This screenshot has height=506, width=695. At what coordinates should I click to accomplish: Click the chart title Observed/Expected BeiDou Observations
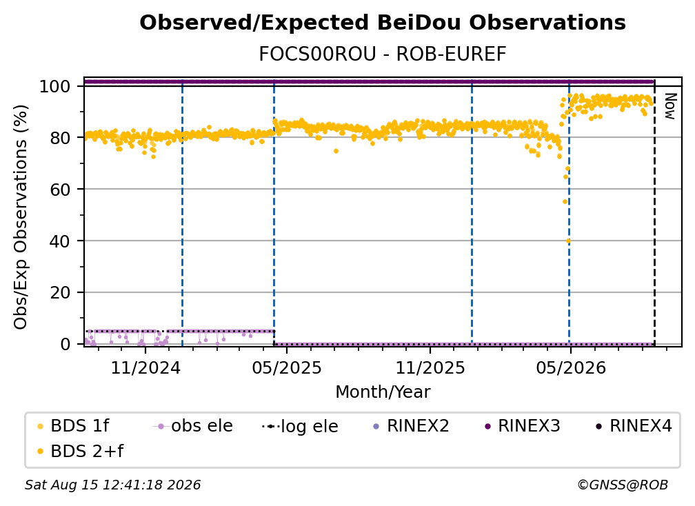pyautogui.click(x=383, y=23)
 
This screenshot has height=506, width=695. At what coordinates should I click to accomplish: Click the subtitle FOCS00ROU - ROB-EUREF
pyautogui.click(x=383, y=54)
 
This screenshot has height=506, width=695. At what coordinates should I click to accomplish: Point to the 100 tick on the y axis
pyautogui.click(x=55, y=86)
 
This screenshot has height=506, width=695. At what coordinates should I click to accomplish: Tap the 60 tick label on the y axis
pyautogui.click(x=60, y=189)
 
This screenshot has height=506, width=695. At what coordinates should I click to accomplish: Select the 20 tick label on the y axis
pyautogui.click(x=60, y=292)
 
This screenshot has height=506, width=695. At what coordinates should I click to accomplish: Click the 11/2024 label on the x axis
pyautogui.click(x=145, y=367)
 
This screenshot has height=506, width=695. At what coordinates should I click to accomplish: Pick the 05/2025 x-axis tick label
pyautogui.click(x=287, y=367)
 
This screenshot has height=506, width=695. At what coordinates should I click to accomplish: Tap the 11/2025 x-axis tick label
pyautogui.click(x=430, y=367)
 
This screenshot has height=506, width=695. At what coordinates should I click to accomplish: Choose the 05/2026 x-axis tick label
pyautogui.click(x=571, y=367)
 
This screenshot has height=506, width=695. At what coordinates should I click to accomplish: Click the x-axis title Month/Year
pyautogui.click(x=383, y=392)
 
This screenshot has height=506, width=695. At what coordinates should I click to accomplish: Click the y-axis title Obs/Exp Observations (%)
pyautogui.click(x=21, y=217)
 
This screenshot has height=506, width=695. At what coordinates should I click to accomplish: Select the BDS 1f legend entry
pyautogui.click(x=74, y=426)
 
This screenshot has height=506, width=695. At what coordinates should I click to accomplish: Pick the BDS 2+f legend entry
pyautogui.click(x=81, y=452)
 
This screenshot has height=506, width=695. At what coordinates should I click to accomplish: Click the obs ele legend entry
pyautogui.click(x=193, y=426)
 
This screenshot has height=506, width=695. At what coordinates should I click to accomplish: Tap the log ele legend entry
pyautogui.click(x=300, y=426)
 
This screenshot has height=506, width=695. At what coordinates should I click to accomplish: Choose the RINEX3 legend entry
pyautogui.click(x=523, y=426)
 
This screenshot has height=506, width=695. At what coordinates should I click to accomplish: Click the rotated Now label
pyautogui.click(x=669, y=106)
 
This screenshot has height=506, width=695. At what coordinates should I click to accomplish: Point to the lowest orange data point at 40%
pyautogui.click(x=568, y=241)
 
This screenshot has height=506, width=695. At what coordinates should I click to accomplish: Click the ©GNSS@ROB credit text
pyautogui.click(x=623, y=485)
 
